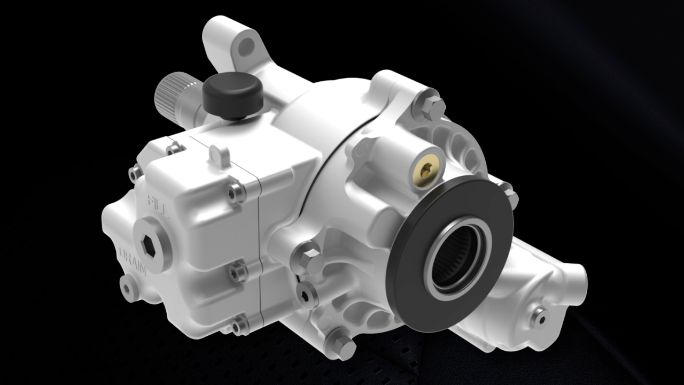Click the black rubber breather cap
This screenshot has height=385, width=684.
[232, 95]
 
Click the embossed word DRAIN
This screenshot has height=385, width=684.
[133, 260]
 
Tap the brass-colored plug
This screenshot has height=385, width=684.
[426, 171]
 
